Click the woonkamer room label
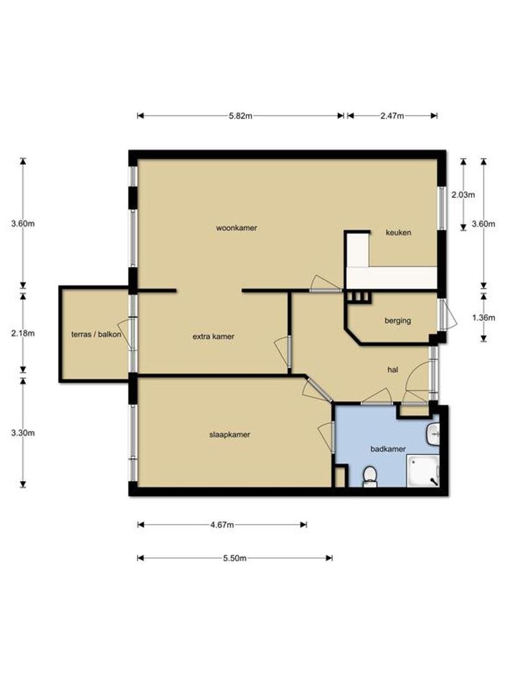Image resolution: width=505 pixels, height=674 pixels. (236, 228)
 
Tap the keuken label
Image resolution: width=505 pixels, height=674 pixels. (398, 233)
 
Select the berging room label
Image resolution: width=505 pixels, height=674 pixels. (398, 321)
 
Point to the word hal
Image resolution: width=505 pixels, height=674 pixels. (393, 369)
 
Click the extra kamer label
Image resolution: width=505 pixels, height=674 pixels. (213, 336)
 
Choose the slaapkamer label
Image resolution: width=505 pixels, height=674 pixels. (229, 434)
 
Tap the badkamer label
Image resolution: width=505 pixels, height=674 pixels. (388, 449)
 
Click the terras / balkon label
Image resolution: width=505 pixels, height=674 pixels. (96, 335)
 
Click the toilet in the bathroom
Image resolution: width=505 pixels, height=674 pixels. (370, 477)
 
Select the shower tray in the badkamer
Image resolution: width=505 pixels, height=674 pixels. (423, 472)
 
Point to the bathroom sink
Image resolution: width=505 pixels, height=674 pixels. (433, 435)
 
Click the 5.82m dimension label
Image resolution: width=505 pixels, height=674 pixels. (241, 115)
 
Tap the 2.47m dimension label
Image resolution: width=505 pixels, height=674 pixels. (392, 115)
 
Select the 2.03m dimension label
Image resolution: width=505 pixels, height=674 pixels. (463, 195)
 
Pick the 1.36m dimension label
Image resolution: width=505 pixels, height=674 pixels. (484, 318)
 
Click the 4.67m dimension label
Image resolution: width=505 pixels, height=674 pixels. (222, 525)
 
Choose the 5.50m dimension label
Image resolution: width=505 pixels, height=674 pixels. (234, 559)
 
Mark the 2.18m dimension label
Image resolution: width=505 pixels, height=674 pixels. (23, 333)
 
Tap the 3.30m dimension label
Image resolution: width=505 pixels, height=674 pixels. (23, 433)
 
